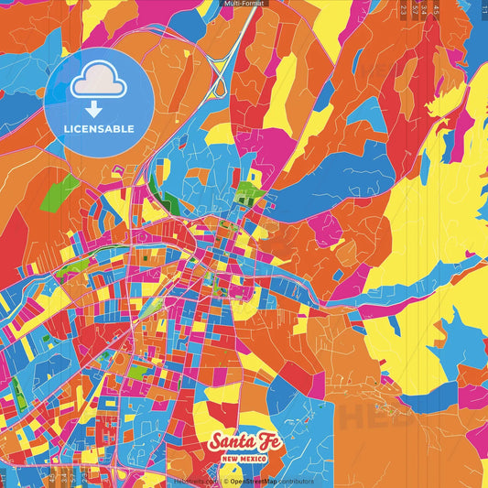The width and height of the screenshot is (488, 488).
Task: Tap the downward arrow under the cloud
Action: click(91, 105)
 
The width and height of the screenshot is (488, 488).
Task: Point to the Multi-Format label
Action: click(243, 4)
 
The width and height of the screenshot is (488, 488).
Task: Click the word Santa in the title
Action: click(228, 442)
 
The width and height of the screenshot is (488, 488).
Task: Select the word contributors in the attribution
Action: click(295, 481)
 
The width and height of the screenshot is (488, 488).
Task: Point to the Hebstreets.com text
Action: click(195, 481)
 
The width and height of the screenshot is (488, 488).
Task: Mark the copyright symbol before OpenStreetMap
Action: click(224, 481)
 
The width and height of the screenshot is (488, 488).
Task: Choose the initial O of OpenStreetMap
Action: click(232, 481)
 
